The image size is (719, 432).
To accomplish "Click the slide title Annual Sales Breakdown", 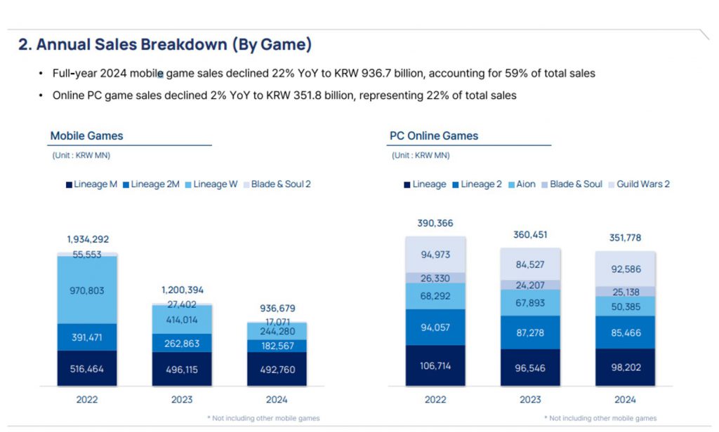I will [x=165, y=45].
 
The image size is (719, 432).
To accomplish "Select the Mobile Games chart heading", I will [x=86, y=136].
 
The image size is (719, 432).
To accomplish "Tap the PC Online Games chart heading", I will [x=434, y=136].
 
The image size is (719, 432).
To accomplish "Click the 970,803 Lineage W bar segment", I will [x=88, y=290].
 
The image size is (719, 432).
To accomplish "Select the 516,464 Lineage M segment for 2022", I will [x=88, y=369].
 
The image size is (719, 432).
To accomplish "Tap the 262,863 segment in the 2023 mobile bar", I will [x=181, y=344].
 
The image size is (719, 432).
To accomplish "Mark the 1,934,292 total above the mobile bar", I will [x=88, y=239].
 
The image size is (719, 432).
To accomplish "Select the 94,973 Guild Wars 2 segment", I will [x=436, y=255].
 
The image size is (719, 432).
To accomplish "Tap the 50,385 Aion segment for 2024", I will [x=625, y=306].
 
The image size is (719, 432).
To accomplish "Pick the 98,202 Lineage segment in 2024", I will [x=625, y=367].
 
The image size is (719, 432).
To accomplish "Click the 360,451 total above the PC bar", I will [x=530, y=234].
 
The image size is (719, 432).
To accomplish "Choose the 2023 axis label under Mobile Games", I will [x=181, y=400].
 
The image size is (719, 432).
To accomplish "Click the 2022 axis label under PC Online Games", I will [x=436, y=400].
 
